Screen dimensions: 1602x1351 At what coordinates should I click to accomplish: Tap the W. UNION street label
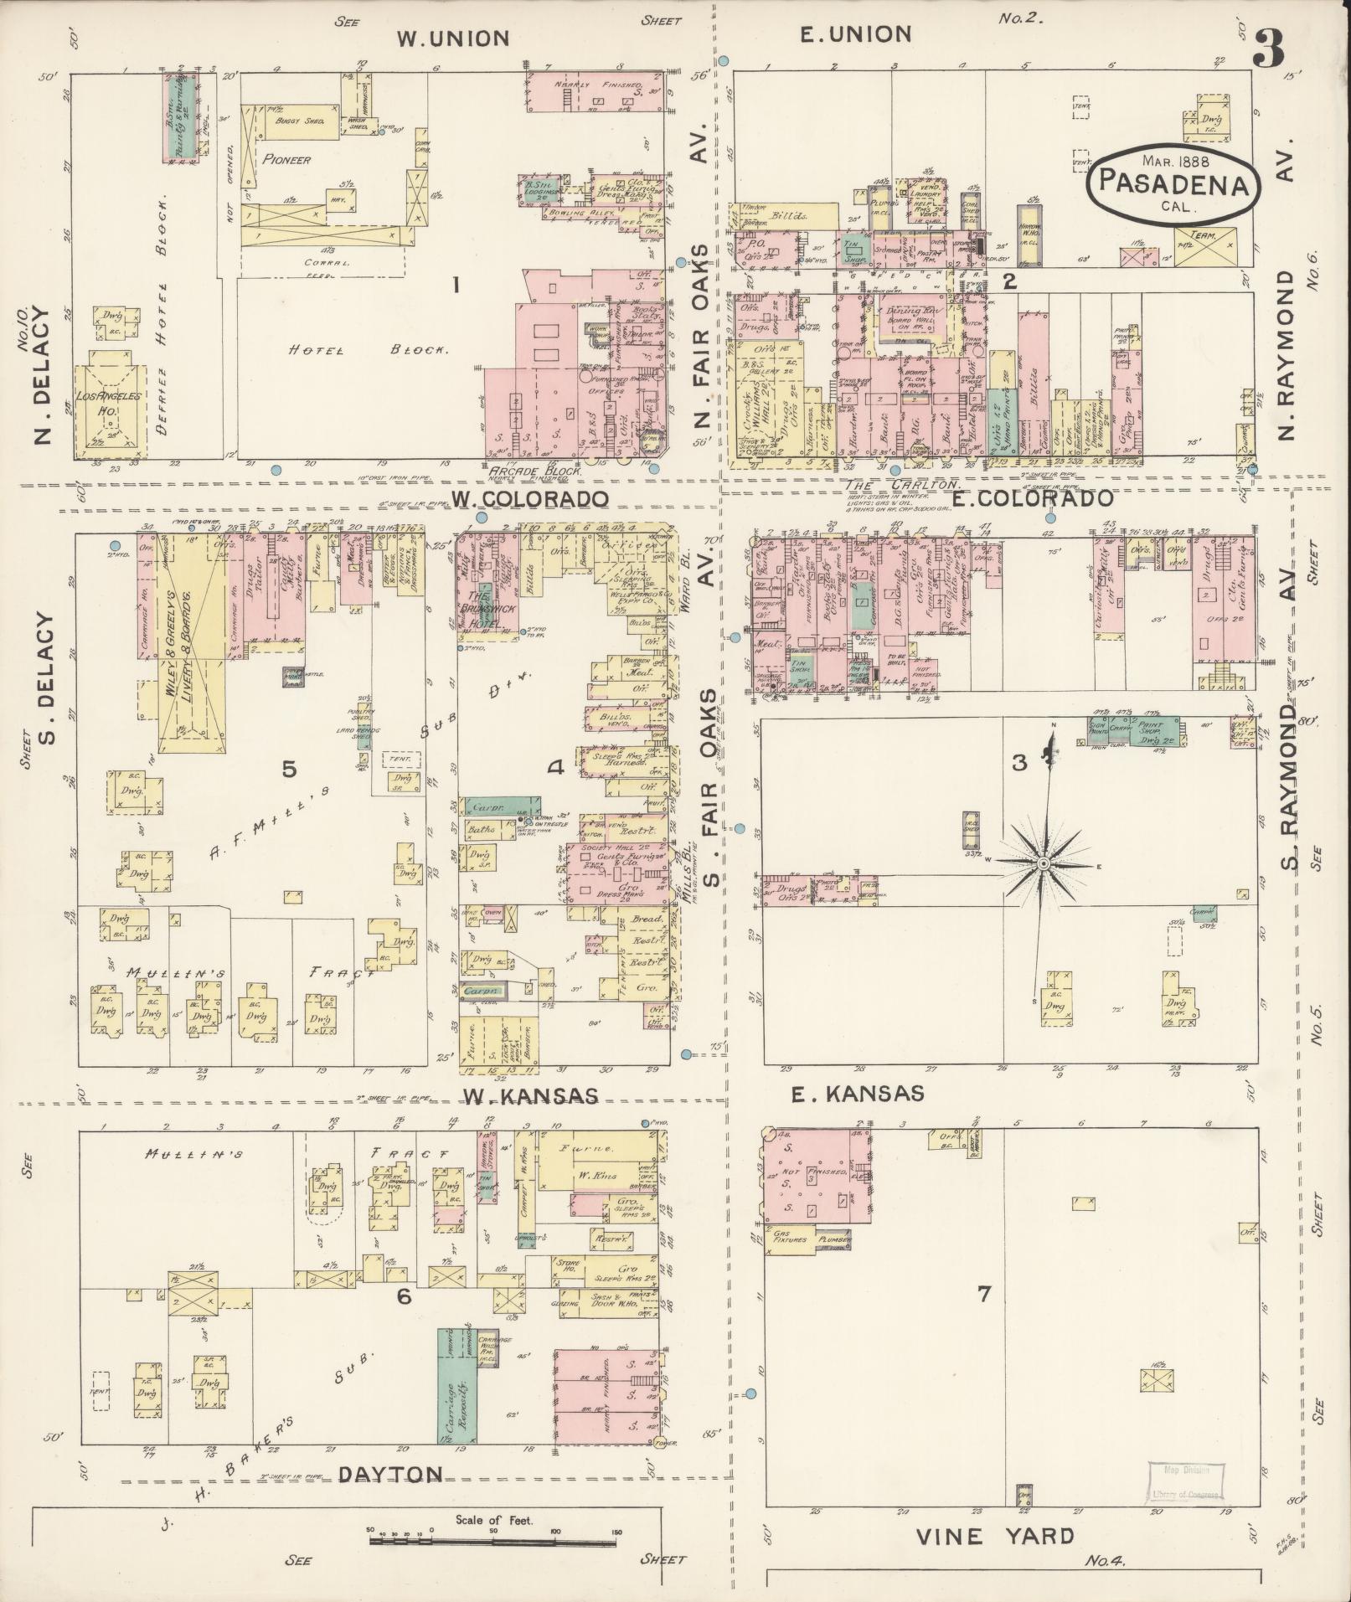(452, 39)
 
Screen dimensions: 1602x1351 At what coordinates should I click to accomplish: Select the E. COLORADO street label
(1034, 498)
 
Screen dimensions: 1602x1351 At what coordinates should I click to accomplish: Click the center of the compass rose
(1044, 863)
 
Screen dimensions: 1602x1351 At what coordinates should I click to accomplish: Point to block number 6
(404, 1320)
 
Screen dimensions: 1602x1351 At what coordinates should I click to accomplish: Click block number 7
(983, 1294)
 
